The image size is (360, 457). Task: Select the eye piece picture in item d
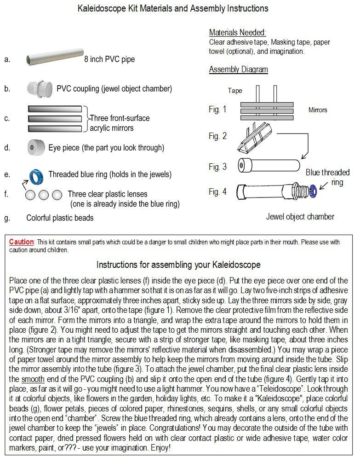tap(35, 148)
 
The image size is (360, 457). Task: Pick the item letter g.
tap(6, 218)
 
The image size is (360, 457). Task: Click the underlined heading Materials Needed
tap(237, 33)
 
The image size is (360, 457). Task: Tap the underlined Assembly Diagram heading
tap(238, 69)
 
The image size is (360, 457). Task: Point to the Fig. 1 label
tap(217, 110)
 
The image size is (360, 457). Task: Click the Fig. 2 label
tap(217, 136)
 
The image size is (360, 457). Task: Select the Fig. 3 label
tap(217, 167)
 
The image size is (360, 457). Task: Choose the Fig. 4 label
tap(217, 191)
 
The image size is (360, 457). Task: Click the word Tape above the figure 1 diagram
tap(235, 91)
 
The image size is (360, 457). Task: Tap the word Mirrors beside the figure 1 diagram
tap(318, 110)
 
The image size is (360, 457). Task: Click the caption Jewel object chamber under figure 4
tap(300, 216)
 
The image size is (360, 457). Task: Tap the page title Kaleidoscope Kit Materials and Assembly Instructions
tap(179, 8)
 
